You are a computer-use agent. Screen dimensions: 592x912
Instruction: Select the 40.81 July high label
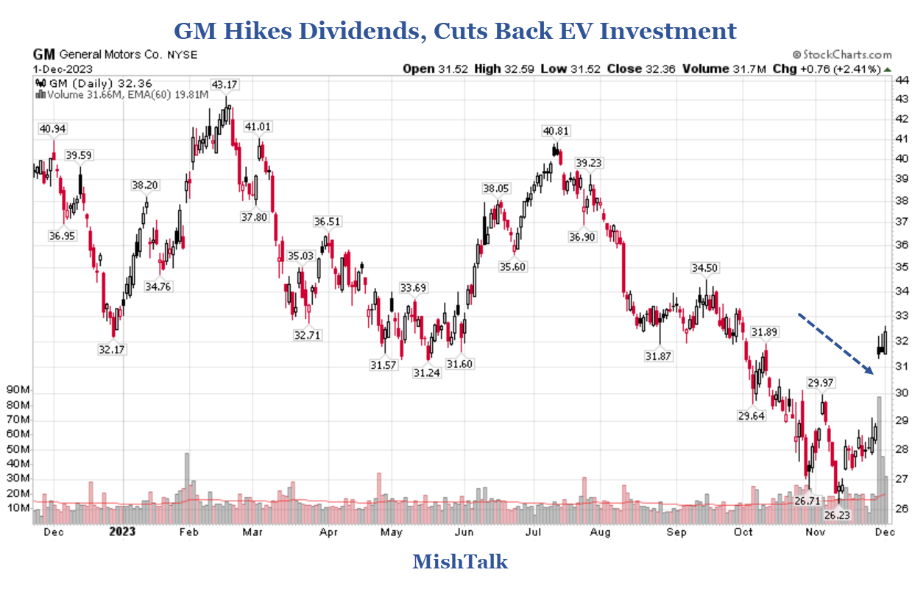tap(556, 131)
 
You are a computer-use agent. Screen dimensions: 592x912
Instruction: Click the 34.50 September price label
tap(704, 267)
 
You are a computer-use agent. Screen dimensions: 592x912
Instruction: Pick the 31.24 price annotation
tap(426, 373)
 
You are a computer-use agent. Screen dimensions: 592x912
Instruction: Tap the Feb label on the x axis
tap(188, 532)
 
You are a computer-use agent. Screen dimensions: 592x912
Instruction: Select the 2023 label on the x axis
tap(123, 532)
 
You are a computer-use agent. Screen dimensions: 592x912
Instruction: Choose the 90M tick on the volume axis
tap(17, 390)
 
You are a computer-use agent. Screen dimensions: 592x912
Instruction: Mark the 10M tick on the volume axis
tap(17, 508)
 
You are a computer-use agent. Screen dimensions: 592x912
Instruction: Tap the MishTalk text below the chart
tap(460, 562)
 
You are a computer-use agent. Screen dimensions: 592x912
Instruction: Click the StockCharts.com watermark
tap(842, 54)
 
